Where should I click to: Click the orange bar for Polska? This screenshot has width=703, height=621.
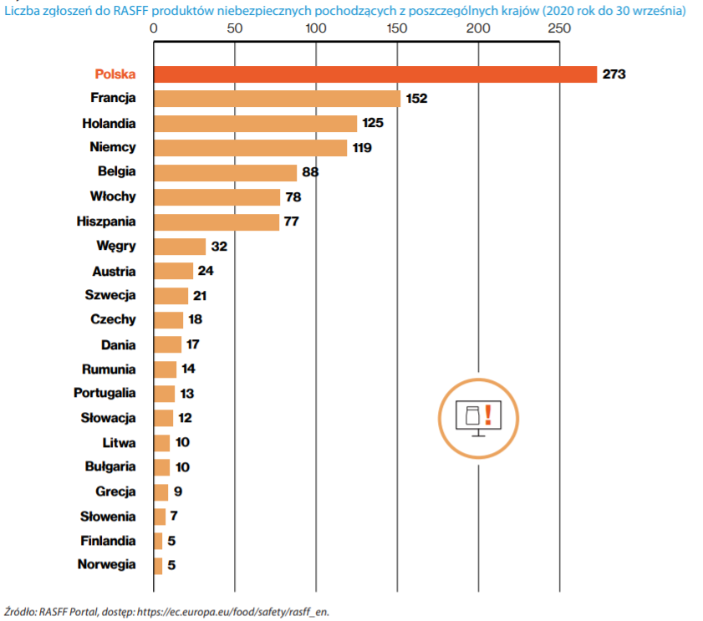(375, 74)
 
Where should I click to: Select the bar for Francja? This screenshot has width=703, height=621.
(278, 99)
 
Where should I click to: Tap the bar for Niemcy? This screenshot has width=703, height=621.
(251, 148)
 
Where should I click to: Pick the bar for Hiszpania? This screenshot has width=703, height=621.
(217, 221)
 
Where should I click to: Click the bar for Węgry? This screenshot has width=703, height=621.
(180, 247)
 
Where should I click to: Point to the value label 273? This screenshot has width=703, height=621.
(614, 74)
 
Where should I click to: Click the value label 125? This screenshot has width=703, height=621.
(372, 124)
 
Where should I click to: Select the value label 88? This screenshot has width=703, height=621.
(312, 173)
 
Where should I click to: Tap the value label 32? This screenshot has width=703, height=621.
(220, 247)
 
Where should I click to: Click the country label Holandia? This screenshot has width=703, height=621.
(109, 123)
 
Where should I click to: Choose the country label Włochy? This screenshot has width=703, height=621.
(113, 196)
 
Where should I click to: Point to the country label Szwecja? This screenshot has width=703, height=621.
(110, 295)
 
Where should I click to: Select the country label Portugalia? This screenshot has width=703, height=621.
(104, 393)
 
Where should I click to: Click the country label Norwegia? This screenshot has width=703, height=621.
(106, 564)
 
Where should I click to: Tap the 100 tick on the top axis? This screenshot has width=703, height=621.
(316, 28)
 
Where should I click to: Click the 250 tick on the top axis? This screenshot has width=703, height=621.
(559, 28)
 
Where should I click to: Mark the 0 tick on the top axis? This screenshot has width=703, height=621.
(154, 28)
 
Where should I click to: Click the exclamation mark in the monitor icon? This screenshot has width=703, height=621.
(487, 414)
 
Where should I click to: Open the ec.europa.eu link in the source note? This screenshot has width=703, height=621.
(233, 611)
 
